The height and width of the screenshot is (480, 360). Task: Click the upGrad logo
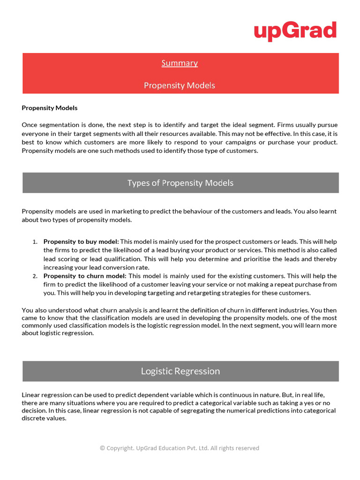(295, 31)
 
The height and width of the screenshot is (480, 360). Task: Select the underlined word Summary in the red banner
(180, 63)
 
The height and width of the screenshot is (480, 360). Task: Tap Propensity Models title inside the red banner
(180, 85)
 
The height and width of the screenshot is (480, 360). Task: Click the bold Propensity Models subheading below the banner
(50, 108)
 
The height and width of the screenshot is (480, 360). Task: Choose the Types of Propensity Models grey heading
(180, 183)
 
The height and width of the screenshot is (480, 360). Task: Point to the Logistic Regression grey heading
(180, 371)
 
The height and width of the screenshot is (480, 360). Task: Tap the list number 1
(35, 242)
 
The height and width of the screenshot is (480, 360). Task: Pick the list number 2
(35, 276)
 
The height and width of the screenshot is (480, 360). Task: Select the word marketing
(114, 211)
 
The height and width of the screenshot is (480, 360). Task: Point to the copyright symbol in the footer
(102, 448)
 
